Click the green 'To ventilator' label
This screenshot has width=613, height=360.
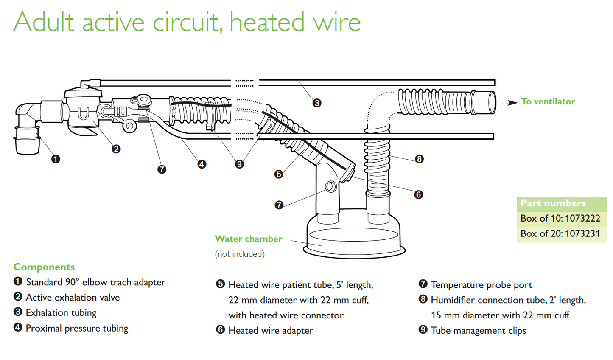548,101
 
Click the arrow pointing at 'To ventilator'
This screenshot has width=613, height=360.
509,102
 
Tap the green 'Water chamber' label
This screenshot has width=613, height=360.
248,239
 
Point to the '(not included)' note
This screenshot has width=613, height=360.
240,254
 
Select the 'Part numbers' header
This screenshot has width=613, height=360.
553,203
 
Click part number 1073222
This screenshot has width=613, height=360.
582,218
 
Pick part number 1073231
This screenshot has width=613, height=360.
582,233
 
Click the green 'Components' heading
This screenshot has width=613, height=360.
44,267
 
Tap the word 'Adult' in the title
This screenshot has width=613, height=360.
44,22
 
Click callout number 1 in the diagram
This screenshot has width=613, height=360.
56,159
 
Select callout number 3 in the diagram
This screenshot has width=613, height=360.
317,103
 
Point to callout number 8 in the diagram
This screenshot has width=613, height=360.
419,159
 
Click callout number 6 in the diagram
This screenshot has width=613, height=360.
418,194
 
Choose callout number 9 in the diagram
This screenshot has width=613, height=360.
239,164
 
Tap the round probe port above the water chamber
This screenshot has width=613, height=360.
331,186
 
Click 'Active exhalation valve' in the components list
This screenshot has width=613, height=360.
73,298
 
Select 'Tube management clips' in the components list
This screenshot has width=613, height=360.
478,331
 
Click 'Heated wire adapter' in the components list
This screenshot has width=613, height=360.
271,331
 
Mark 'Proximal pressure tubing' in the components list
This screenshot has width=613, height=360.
77,328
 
